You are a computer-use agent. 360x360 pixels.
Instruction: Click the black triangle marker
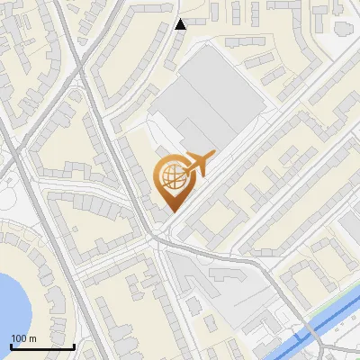tap(180, 24)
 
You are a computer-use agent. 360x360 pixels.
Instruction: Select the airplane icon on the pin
tap(197, 164)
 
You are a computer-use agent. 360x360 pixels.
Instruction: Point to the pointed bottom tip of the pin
tap(172, 212)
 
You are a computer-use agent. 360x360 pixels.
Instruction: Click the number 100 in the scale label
tap(18, 338)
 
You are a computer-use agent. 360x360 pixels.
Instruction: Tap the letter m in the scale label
tap(31, 338)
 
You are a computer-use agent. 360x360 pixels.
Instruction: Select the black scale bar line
tap(42, 346)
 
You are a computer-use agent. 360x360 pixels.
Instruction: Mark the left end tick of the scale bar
tap(11, 345)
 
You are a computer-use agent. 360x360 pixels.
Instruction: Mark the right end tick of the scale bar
tap(74, 345)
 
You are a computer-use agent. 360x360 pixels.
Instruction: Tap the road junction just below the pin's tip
tap(160, 236)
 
